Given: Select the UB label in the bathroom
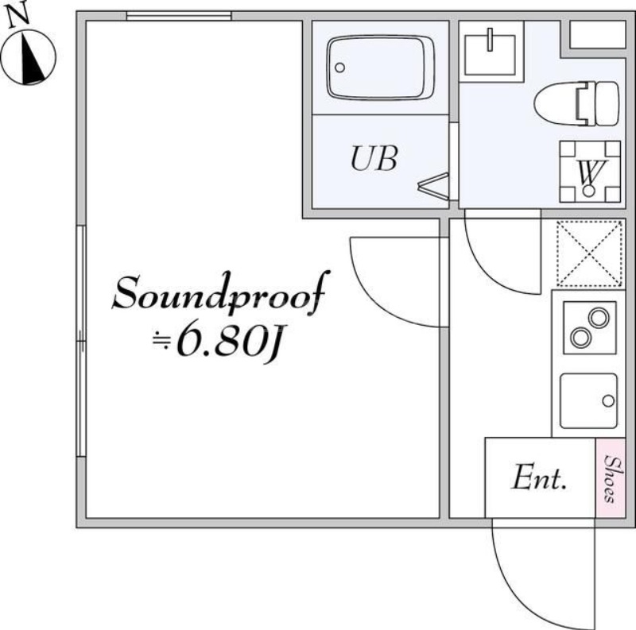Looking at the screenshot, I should tap(374, 160).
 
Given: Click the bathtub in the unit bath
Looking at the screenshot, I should tap(381, 69).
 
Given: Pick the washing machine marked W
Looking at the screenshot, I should tap(589, 170).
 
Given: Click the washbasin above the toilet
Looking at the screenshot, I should tap(491, 49).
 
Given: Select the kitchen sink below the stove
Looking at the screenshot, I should tap(588, 400).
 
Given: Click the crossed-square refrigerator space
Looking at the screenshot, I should tap(589, 253).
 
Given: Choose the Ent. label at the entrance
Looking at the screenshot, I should tap(539, 478).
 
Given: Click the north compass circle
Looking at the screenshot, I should tap(29, 56).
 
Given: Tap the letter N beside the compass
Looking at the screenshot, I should tap(18, 14).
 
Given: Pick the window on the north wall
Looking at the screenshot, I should tap(179, 16).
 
